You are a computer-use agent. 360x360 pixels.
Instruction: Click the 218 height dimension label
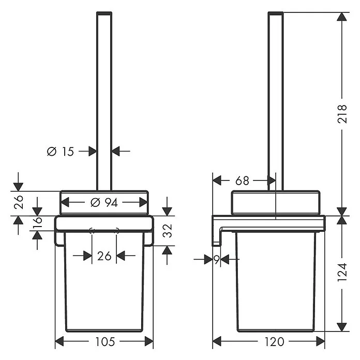[x=342, y=114]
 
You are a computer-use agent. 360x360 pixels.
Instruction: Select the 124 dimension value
[x=342, y=273]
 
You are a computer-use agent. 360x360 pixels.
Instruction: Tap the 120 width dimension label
[x=275, y=342]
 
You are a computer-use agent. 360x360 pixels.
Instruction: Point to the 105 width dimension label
[x=105, y=342]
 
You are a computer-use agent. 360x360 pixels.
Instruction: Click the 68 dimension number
[x=242, y=181]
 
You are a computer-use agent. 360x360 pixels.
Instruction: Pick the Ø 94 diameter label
[x=104, y=203]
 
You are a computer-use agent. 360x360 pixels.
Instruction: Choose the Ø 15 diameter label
[x=61, y=152]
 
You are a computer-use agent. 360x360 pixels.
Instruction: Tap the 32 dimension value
[x=167, y=231]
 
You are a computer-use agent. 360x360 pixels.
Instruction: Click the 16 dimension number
[x=37, y=222]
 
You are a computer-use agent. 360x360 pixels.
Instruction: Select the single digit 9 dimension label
[x=217, y=260]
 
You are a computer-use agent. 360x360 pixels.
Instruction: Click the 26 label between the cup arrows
[x=104, y=256]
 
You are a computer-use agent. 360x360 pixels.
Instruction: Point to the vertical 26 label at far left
[x=19, y=202]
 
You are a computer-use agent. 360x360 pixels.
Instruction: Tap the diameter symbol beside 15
[x=52, y=152]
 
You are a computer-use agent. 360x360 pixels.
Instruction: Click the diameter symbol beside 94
[x=95, y=203]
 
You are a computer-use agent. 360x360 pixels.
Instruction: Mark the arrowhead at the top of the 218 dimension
[x=342, y=17]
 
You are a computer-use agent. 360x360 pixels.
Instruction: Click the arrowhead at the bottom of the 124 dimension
[x=342, y=327]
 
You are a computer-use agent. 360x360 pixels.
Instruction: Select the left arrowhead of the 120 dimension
[x=217, y=341]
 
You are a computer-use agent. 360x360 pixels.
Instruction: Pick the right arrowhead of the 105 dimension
[x=149, y=341]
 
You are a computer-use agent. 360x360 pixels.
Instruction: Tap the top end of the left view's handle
[x=104, y=13]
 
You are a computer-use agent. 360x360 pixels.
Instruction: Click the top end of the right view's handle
[x=276, y=13]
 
